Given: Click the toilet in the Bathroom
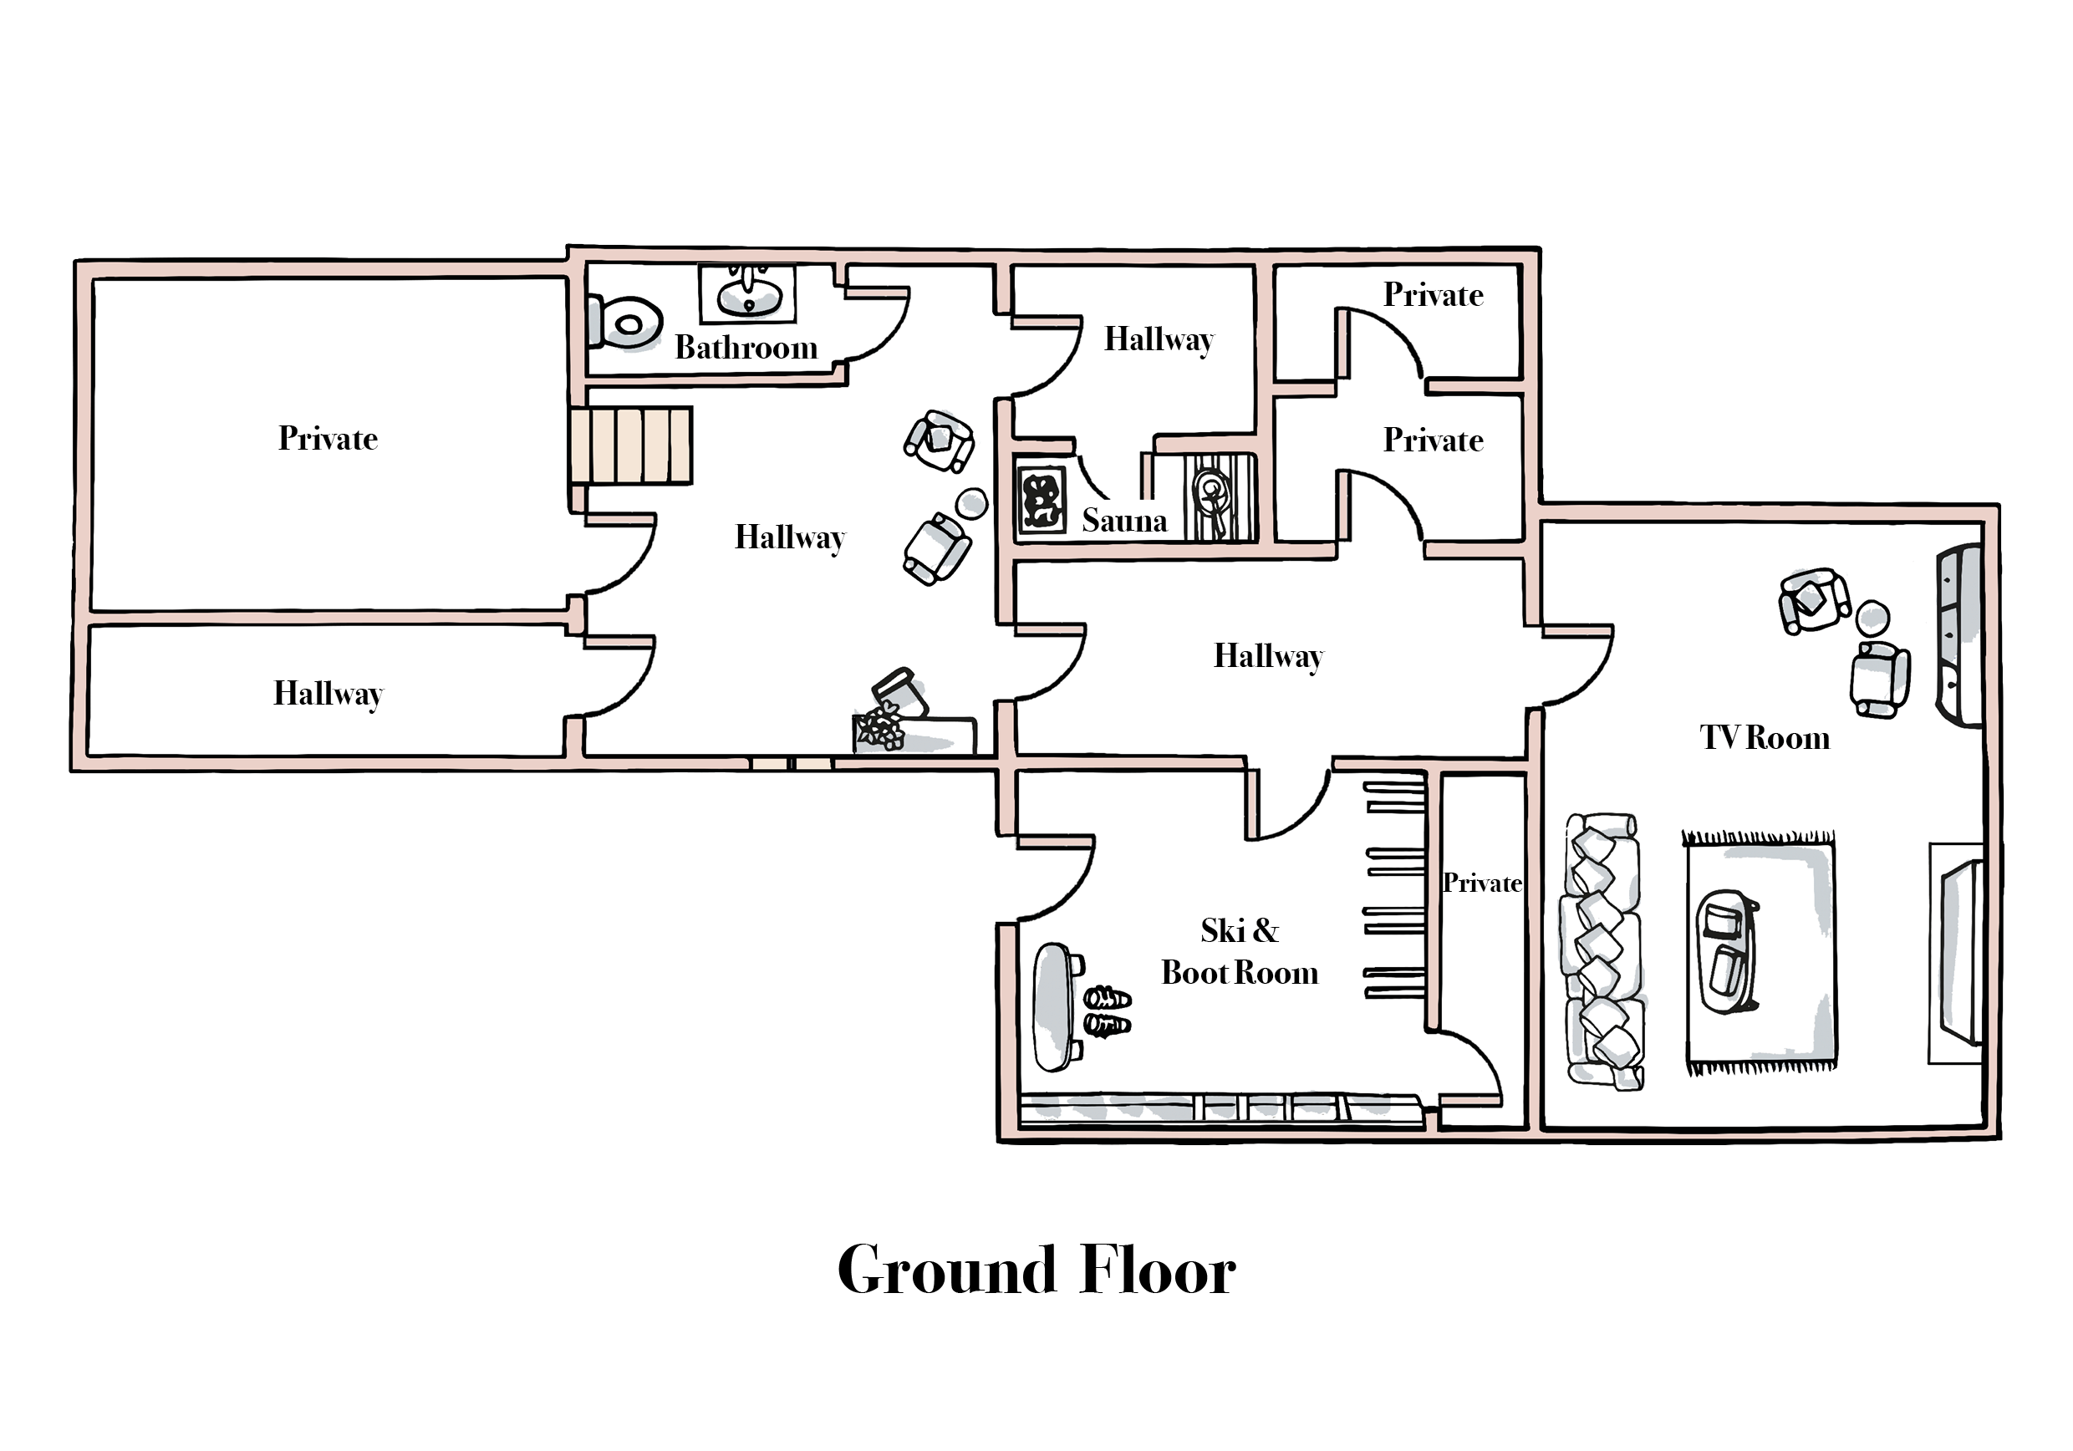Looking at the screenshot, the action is [x=627, y=323].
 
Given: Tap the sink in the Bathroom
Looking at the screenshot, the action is [x=748, y=293].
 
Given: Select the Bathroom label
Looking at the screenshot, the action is [x=746, y=348].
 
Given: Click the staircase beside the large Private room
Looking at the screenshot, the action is [x=632, y=445].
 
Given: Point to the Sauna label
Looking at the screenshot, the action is [x=1124, y=520].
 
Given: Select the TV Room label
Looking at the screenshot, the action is [x=1765, y=738].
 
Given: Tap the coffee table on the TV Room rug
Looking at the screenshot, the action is [x=1726, y=952].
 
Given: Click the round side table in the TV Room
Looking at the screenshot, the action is [x=1872, y=619].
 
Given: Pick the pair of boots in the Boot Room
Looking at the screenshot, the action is [x=1107, y=1011].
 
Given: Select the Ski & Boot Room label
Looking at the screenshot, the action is [x=1239, y=952].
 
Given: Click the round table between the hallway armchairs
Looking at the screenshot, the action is [x=971, y=503].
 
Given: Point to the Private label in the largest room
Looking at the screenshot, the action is [x=328, y=439].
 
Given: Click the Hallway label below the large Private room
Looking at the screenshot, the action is [x=328, y=694].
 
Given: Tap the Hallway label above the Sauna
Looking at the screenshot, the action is [x=1159, y=339].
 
